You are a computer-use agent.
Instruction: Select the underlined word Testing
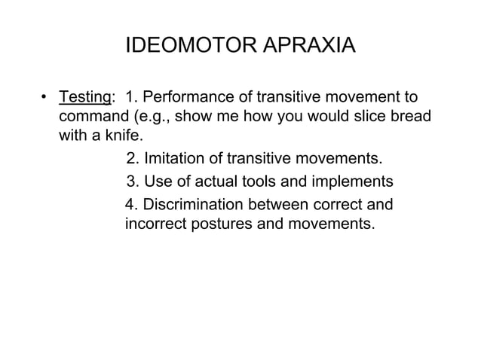pos(84,98)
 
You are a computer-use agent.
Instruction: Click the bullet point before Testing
pos(44,99)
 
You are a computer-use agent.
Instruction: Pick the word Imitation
pos(176,159)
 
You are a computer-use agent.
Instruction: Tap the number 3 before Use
pos(131,182)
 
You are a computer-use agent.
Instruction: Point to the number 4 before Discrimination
pos(130,203)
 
